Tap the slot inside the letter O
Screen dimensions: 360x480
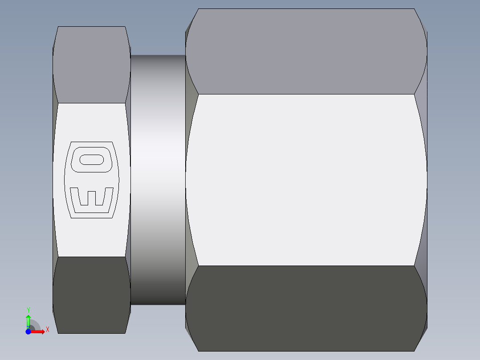click(92, 159)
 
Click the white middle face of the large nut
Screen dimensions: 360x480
click(306, 180)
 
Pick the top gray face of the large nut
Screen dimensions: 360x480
click(306, 51)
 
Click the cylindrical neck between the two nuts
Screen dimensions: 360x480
click(158, 180)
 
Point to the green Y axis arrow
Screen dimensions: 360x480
click(28, 321)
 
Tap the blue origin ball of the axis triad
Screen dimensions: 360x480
click(28, 331)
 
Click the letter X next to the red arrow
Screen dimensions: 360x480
click(47, 330)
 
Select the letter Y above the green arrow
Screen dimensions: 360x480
click(28, 310)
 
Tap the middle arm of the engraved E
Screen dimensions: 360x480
click(92, 199)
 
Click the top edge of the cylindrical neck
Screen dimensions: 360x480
click(158, 55)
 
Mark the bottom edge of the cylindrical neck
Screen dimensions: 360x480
click(158, 304)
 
